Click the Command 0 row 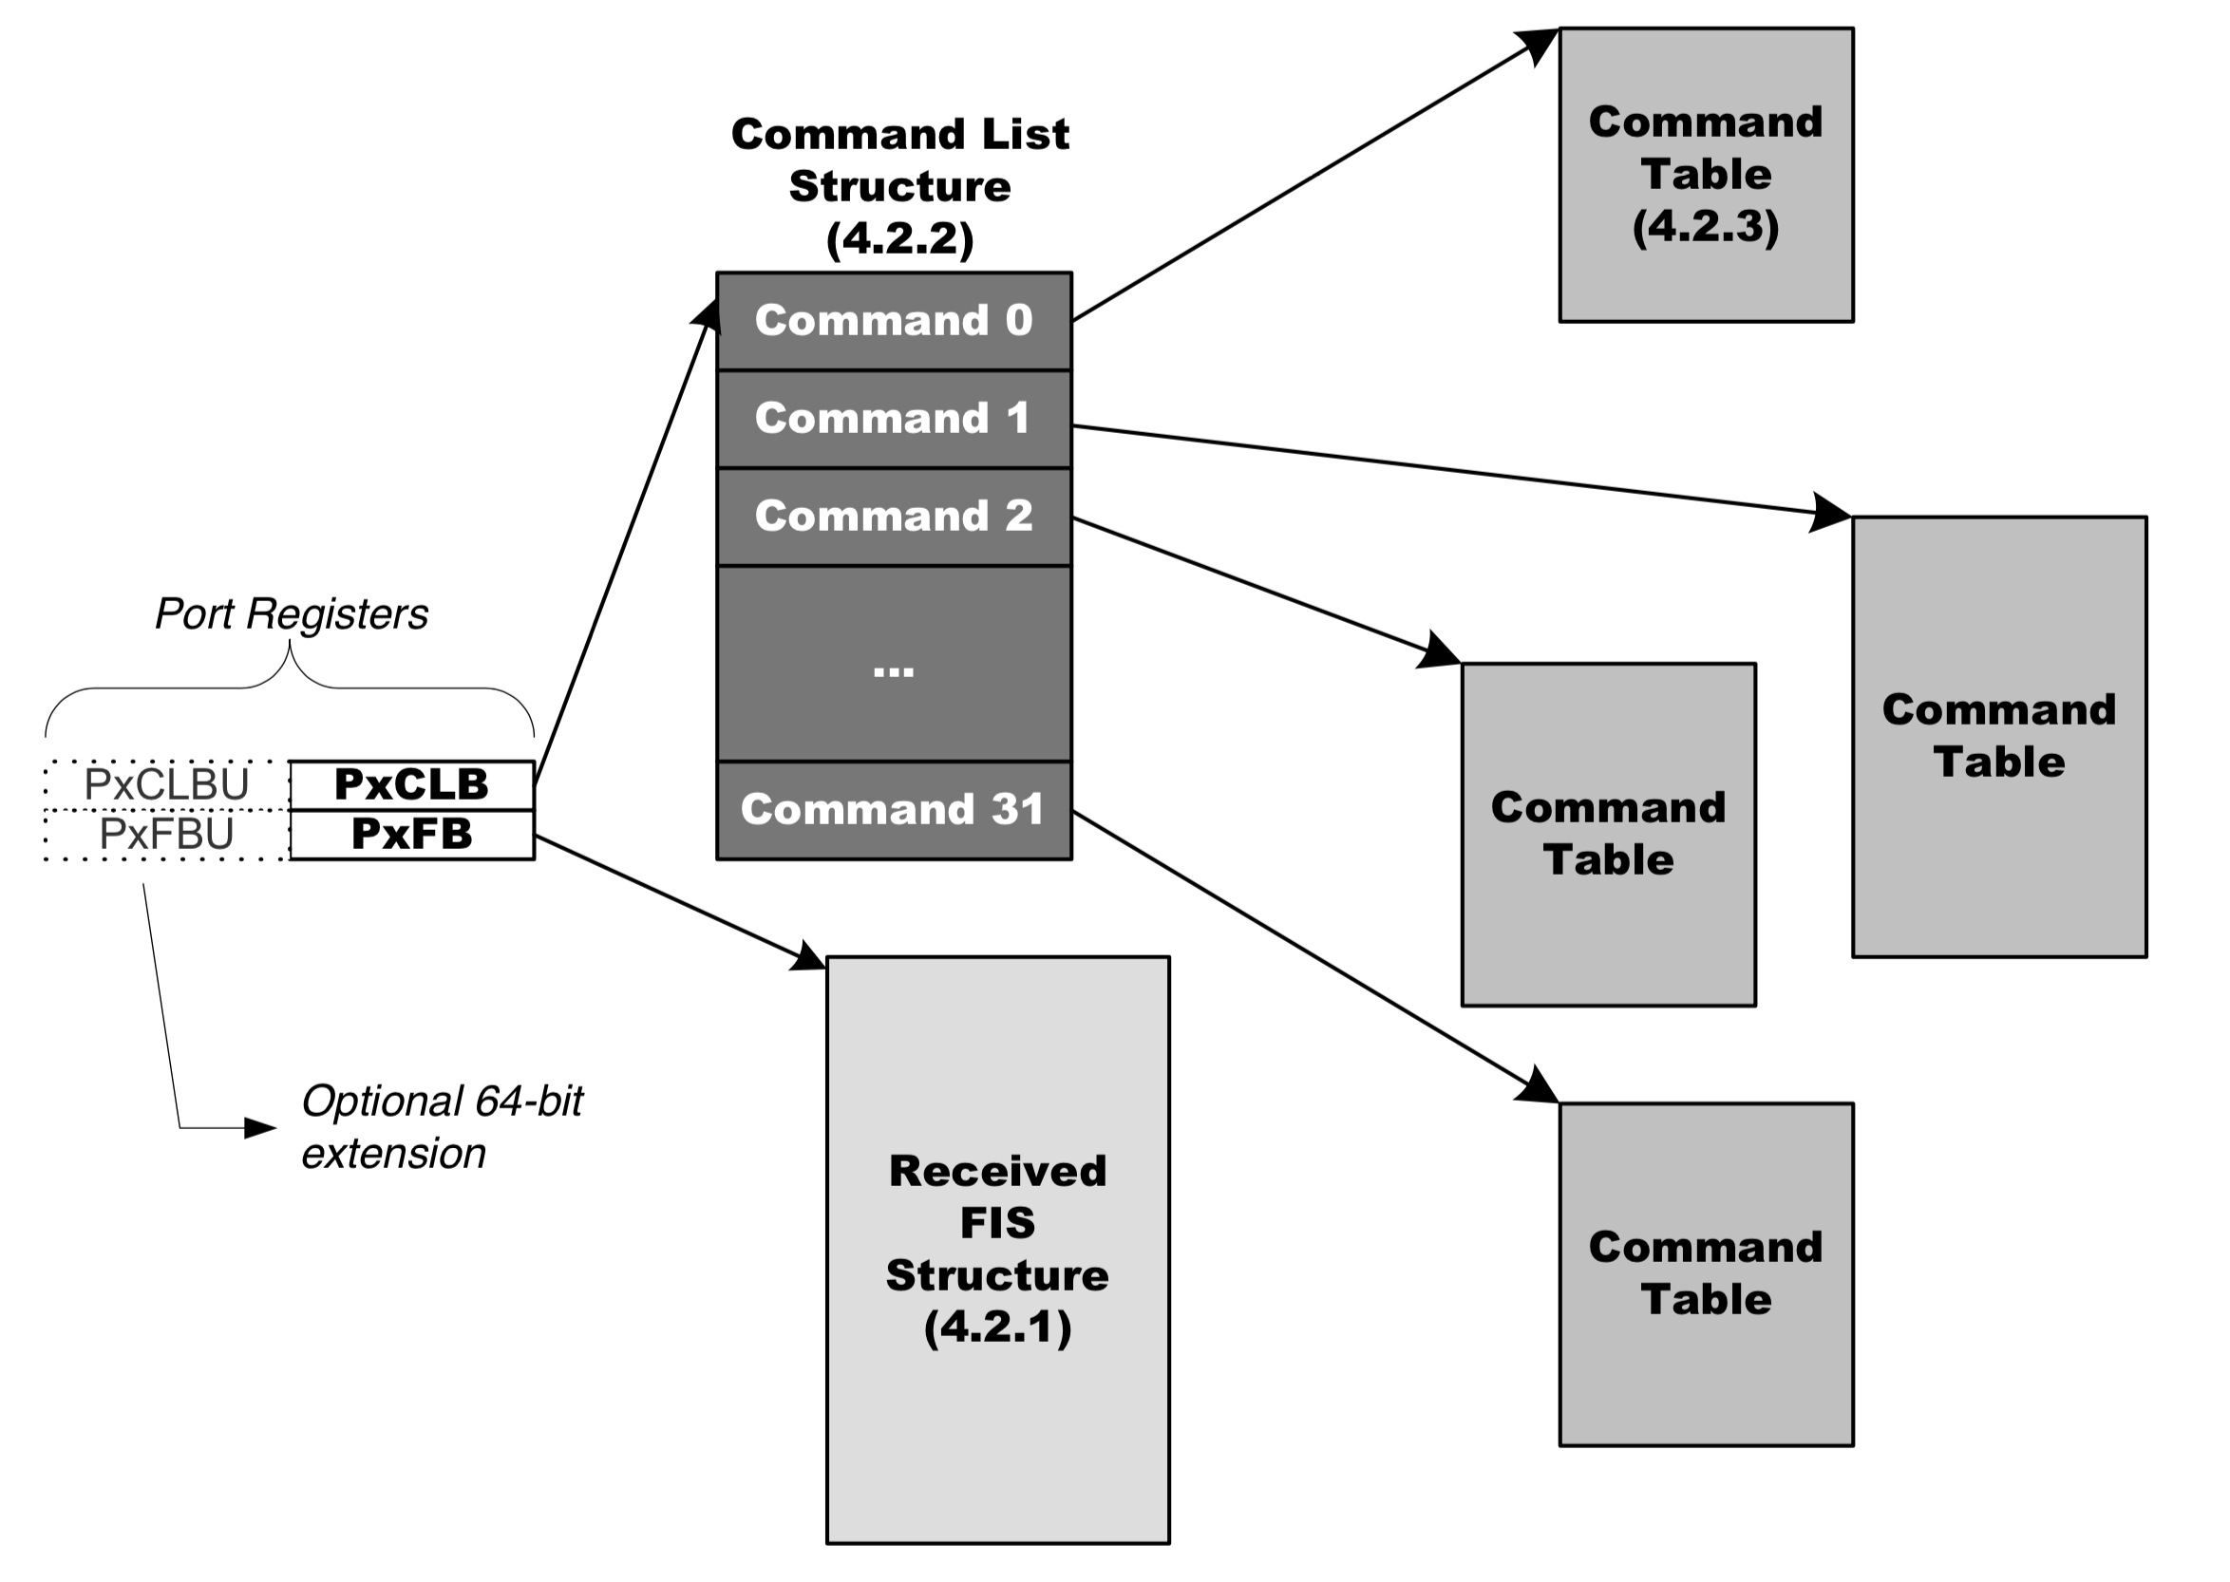[894, 321]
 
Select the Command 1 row [894, 418]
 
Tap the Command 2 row [894, 516]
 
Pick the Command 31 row [894, 809]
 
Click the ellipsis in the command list [894, 669]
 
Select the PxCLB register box [411, 784]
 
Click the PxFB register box [411, 834]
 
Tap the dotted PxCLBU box [166, 784]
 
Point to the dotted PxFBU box [166, 835]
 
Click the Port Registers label [292, 613]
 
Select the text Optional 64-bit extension [442, 1127]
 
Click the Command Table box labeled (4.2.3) [1705, 175]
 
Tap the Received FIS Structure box [996, 1249]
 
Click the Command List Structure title [899, 185]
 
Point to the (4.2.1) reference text [996, 1327]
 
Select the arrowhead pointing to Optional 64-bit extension [261, 1128]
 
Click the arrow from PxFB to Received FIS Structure [672, 898]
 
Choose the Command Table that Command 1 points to [1998, 737]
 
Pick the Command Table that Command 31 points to [1705, 1273]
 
